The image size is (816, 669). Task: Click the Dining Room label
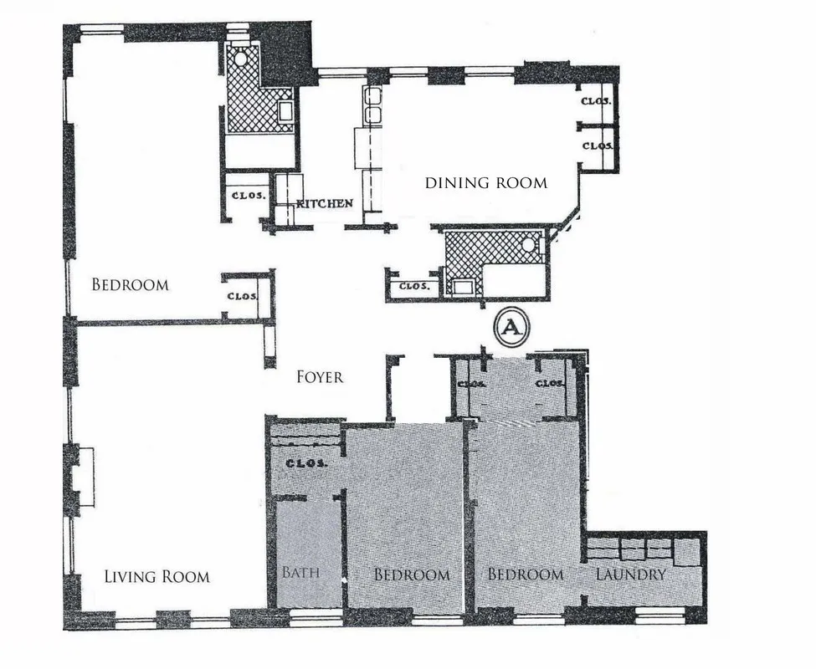tap(485, 182)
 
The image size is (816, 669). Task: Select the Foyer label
tap(320, 377)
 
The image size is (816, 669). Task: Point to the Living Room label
tap(157, 576)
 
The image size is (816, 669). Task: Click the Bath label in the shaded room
tap(299, 575)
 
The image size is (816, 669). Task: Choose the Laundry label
tap(630, 575)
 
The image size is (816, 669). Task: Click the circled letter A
tap(511, 328)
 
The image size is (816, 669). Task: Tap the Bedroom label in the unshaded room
tap(130, 284)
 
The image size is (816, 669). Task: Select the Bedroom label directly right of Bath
tap(411, 575)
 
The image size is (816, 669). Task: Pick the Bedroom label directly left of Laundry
tap(525, 575)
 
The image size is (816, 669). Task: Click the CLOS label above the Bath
tap(305, 462)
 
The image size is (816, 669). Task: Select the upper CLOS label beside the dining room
tap(598, 102)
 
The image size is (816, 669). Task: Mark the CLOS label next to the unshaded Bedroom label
tap(243, 296)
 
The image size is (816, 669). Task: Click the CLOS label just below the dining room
tap(413, 286)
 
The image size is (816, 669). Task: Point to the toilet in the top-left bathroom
tap(241, 58)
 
